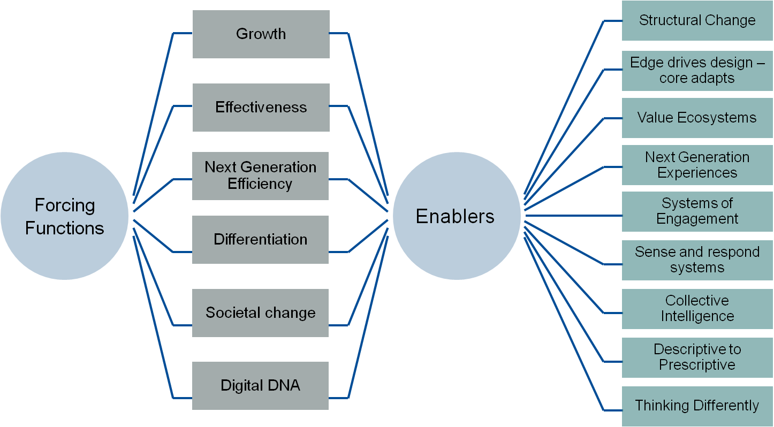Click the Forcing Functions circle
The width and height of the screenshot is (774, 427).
(x=65, y=216)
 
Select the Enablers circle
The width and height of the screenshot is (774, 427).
(x=456, y=216)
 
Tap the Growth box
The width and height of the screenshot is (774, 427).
(x=261, y=34)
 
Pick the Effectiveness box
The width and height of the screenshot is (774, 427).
(x=261, y=108)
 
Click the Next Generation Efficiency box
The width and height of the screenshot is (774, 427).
(x=260, y=176)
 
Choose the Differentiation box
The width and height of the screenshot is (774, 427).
(x=260, y=239)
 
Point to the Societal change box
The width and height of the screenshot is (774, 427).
(x=260, y=313)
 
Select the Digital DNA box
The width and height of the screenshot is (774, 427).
(x=260, y=386)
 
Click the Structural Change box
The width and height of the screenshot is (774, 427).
(x=697, y=21)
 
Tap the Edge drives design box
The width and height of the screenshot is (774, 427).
(x=697, y=70)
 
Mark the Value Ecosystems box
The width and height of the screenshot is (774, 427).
(x=697, y=118)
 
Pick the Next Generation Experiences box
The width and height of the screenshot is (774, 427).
(x=697, y=165)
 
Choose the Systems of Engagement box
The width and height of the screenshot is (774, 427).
(x=697, y=211)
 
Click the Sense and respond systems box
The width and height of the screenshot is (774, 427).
(x=697, y=260)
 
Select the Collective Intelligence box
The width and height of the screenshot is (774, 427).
(x=697, y=309)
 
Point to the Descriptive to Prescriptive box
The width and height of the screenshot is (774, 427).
(x=697, y=357)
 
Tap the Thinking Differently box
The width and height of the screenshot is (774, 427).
(x=697, y=406)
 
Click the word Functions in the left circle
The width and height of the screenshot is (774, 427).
(x=65, y=228)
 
